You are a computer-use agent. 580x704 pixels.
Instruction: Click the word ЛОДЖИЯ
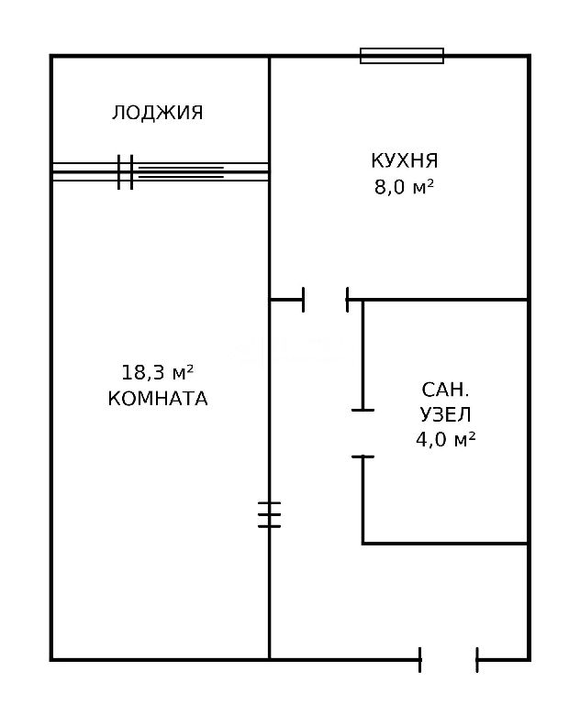click(157, 112)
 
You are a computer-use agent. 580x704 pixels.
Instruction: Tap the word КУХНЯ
click(404, 160)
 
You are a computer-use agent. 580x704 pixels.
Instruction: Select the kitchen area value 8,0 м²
click(404, 187)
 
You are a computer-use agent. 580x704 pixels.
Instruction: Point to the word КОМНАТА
click(158, 398)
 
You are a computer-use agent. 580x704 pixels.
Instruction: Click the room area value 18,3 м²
click(157, 372)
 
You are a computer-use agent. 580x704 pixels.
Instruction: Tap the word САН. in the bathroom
click(445, 390)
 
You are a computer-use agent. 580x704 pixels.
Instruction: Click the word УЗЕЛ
click(446, 414)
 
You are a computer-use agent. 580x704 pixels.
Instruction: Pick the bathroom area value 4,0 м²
click(446, 439)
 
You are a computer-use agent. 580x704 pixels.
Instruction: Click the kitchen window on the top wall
click(402, 56)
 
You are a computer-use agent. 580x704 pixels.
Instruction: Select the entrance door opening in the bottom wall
click(448, 660)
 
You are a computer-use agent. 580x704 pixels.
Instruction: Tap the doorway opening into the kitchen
click(326, 300)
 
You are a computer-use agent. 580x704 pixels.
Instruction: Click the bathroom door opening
click(362, 434)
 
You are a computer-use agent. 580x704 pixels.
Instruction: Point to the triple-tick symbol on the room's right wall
click(269, 514)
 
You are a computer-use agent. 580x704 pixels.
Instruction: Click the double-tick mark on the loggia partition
click(126, 172)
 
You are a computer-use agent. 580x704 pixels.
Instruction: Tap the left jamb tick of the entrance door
click(420, 660)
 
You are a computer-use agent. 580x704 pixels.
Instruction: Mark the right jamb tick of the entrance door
click(477, 660)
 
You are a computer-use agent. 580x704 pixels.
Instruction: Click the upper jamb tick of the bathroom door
click(362, 410)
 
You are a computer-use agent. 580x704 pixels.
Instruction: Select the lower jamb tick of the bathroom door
click(362, 456)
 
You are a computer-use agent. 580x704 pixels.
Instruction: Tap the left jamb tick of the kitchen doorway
click(304, 300)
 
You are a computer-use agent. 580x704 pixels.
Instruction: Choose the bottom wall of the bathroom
click(445, 544)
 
